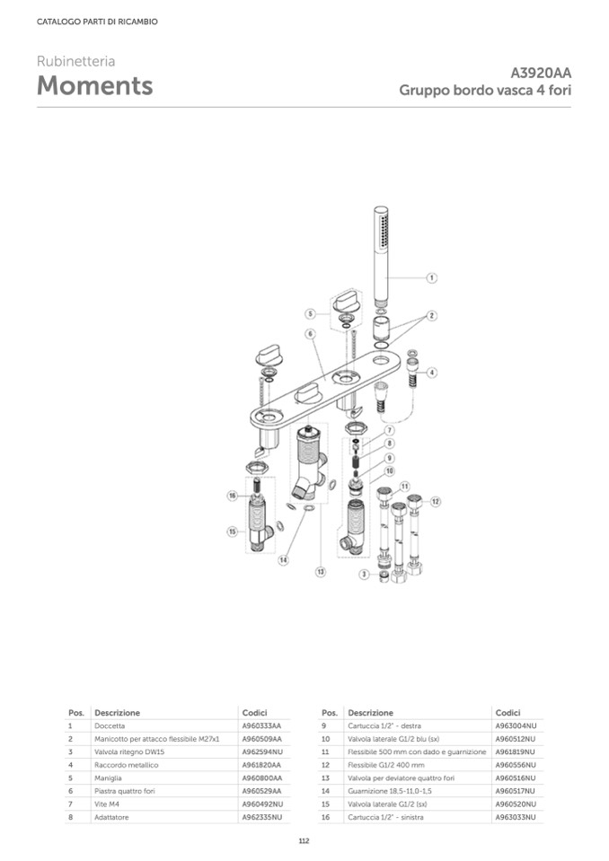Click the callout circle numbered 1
click(431, 278)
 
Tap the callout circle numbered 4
click(432, 372)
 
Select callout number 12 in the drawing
click(436, 501)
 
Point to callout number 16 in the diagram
click(232, 496)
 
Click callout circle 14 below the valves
click(282, 560)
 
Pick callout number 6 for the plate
click(310, 333)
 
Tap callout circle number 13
click(320, 571)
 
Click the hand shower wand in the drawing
click(381, 256)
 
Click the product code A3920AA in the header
click(541, 73)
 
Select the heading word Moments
click(94, 86)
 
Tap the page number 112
click(304, 840)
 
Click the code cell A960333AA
click(261, 725)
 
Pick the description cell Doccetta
click(110, 725)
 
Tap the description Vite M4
click(107, 804)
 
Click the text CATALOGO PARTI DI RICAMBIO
click(97, 22)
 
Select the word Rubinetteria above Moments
click(75, 62)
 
